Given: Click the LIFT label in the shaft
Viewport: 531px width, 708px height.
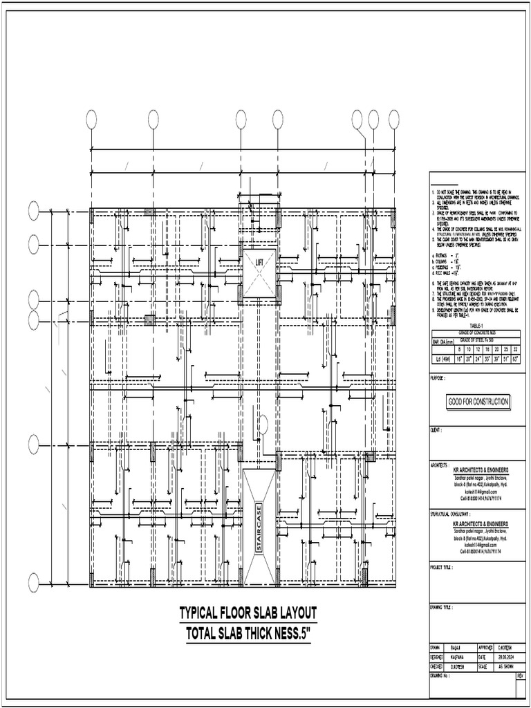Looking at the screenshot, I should [x=259, y=263].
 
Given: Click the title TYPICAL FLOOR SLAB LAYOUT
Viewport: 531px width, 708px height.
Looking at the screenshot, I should [x=248, y=613].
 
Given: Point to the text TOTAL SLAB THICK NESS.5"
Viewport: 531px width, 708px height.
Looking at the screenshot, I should [x=248, y=634].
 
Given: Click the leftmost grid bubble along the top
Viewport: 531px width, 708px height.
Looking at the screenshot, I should [x=91, y=120].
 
